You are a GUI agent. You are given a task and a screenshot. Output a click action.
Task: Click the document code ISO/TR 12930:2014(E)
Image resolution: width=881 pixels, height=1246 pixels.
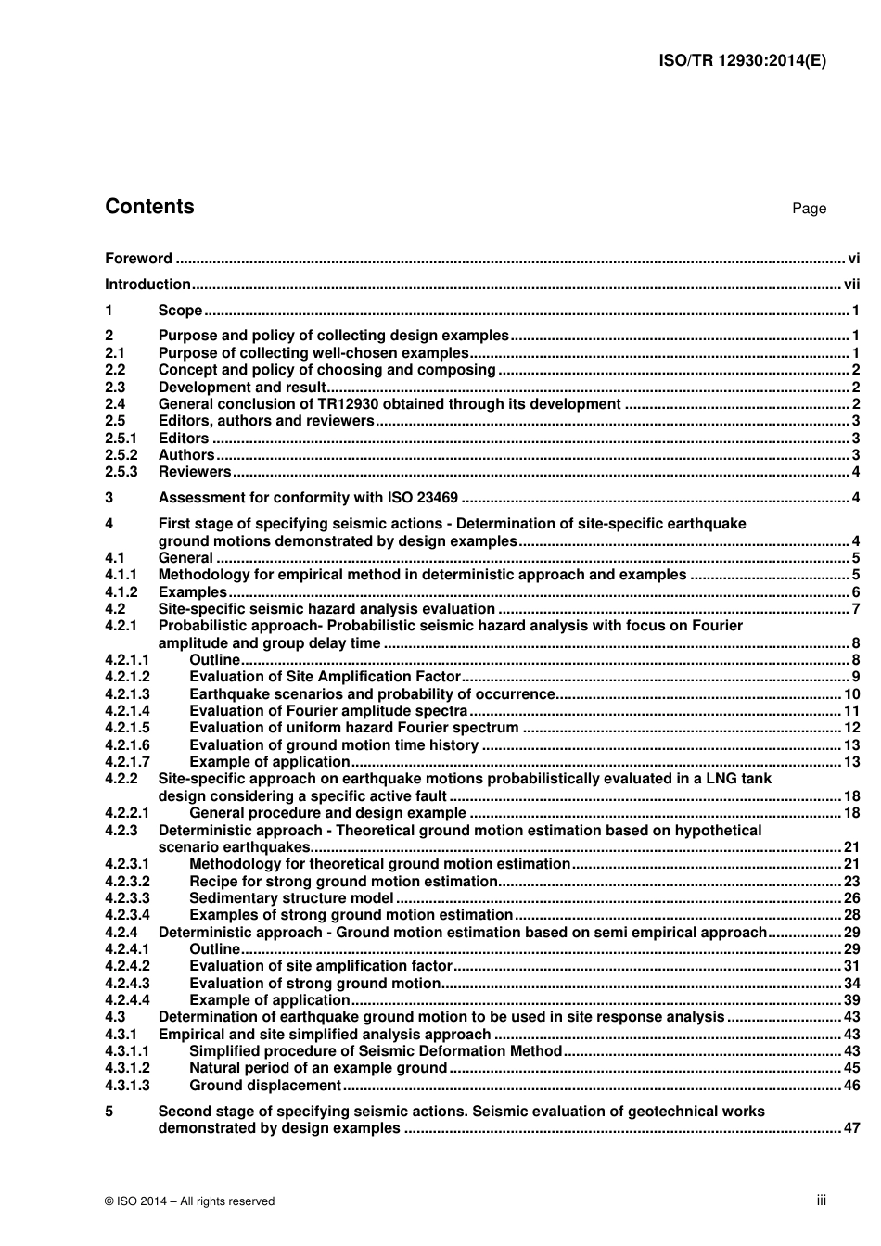742,61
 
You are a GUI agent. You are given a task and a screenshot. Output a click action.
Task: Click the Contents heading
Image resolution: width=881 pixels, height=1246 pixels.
149,207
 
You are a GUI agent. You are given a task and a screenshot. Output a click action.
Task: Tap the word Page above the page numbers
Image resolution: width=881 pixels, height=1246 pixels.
809,209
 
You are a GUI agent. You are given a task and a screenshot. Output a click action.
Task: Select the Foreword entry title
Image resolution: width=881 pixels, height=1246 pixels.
138,259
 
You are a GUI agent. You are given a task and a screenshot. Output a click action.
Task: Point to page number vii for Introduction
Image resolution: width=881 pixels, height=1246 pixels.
851,285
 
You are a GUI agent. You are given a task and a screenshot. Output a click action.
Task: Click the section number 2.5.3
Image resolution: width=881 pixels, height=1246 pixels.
121,472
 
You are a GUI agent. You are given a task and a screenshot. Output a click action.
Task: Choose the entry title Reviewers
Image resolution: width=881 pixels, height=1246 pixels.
194,472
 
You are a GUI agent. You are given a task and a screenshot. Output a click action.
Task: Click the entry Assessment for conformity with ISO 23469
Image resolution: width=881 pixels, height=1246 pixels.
307,498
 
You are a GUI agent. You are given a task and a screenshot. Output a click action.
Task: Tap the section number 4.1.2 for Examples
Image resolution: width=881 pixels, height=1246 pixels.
121,592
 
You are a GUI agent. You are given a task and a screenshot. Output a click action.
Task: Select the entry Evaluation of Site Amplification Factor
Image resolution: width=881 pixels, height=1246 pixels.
325,677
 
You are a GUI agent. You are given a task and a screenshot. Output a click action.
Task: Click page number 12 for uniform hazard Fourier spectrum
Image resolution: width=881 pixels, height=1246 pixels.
851,728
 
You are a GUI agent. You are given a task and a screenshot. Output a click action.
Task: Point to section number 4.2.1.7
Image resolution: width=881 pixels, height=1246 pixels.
127,762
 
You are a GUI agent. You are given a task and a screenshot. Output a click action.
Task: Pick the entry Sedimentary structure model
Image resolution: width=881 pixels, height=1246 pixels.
291,898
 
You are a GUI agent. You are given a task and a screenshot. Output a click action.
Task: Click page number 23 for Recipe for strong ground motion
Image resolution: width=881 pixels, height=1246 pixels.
851,882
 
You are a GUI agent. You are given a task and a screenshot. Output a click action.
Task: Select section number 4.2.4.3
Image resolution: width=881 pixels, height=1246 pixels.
127,984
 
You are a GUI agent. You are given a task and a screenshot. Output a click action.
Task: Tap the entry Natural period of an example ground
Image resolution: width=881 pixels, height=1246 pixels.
318,1068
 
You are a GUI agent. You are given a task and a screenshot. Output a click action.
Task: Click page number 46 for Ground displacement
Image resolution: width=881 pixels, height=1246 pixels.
851,1086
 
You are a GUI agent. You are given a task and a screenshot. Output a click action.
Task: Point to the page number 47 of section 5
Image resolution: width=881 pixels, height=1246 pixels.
851,1128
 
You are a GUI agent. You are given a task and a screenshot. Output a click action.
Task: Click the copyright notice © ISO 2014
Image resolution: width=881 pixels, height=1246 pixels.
190,1201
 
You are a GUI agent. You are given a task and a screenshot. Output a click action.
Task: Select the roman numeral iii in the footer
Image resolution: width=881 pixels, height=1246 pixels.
821,1201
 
